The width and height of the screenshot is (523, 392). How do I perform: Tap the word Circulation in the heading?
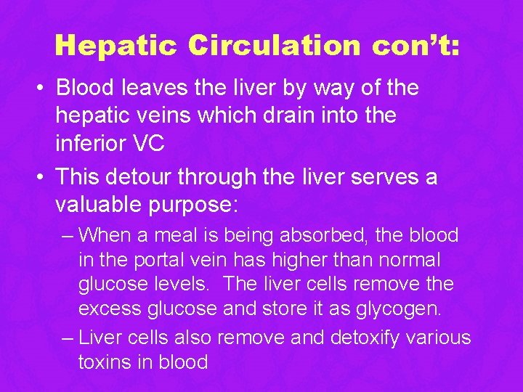click(274, 45)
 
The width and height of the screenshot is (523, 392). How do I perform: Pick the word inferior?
click(91, 144)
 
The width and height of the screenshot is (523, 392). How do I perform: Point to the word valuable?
click(99, 205)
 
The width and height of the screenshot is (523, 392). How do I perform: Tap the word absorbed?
click(324, 235)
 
